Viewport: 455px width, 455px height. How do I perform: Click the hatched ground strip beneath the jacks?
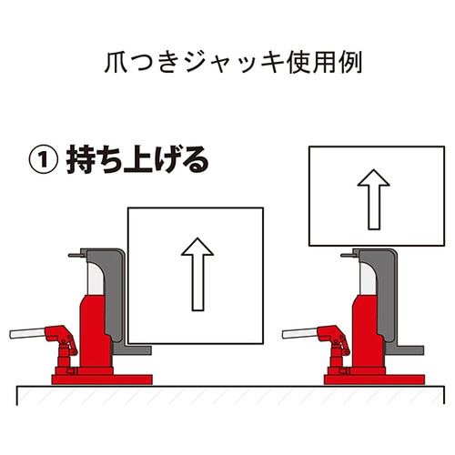click(x=227, y=394)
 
